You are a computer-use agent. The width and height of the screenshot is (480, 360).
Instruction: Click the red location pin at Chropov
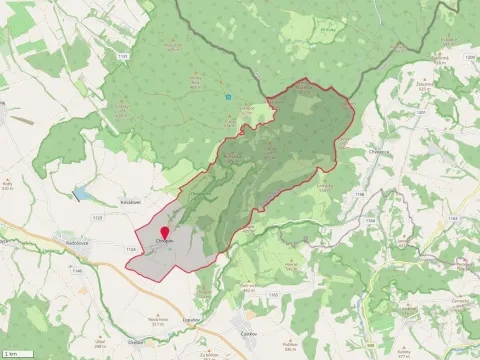click(x=164, y=235)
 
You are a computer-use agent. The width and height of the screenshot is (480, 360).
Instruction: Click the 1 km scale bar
click(x=12, y=353)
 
